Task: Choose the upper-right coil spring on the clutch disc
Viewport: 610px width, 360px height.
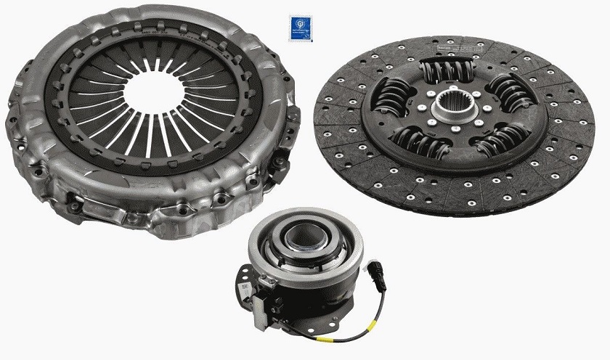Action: coord(508,92)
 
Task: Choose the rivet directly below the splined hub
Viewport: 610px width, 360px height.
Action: coord(455,138)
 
